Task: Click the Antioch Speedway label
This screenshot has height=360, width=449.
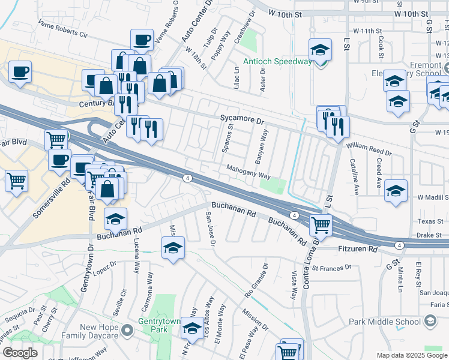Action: (277, 61)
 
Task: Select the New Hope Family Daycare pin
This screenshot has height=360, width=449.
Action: (126, 331)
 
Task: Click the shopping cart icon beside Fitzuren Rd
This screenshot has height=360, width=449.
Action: (321, 226)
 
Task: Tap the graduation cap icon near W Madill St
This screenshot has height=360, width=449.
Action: (396, 191)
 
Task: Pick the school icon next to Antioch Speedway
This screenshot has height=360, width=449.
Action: (321, 50)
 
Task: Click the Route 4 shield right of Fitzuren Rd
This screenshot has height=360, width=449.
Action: (399, 245)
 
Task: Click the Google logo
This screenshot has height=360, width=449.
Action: (20, 353)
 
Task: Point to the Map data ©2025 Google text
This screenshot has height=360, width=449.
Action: (411, 355)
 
